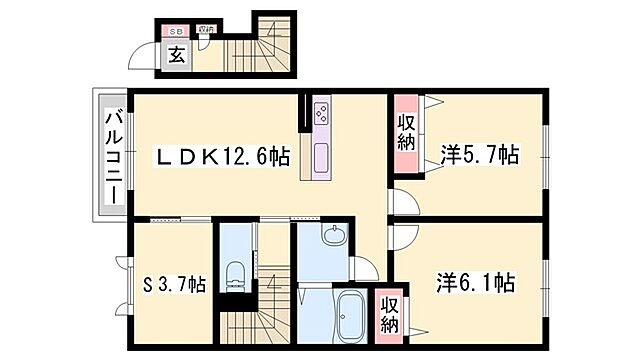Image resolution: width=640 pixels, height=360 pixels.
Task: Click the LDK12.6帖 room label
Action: pyautogui.click(x=222, y=157)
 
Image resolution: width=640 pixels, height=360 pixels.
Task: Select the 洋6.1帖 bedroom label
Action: pyautogui.click(x=476, y=282)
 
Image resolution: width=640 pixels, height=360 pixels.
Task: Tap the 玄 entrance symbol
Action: pyautogui.click(x=176, y=56)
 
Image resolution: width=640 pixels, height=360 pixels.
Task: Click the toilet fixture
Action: pyautogui.click(x=236, y=274)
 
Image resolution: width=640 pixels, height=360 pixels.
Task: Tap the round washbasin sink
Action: pyautogui.click(x=333, y=237)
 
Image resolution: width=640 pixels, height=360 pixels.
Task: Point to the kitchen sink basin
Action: pyautogui.click(x=321, y=158)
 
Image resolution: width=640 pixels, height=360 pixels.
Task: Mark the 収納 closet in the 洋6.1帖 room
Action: pyautogui.click(x=389, y=313)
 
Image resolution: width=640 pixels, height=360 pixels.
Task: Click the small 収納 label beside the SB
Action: pyautogui.click(x=205, y=31)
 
